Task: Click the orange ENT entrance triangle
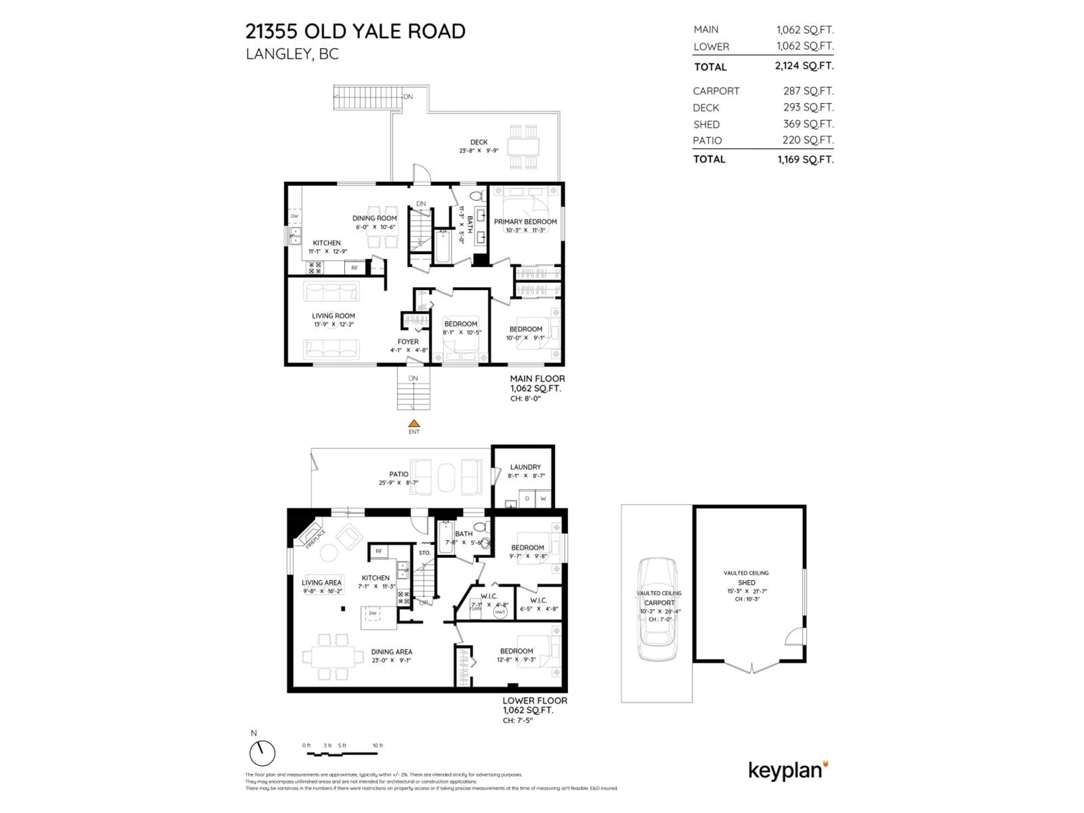click(414, 423)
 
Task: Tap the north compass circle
click(262, 753)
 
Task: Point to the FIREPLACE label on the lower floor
click(315, 539)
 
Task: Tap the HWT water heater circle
click(500, 612)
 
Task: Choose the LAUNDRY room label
click(525, 467)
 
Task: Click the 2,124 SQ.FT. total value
click(804, 66)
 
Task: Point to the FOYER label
click(408, 342)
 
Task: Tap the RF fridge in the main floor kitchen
click(354, 268)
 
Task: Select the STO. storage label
click(424, 553)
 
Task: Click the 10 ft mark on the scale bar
click(377, 745)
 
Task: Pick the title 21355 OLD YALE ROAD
click(355, 31)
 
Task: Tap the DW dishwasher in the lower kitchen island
click(373, 613)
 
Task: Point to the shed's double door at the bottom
click(751, 667)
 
